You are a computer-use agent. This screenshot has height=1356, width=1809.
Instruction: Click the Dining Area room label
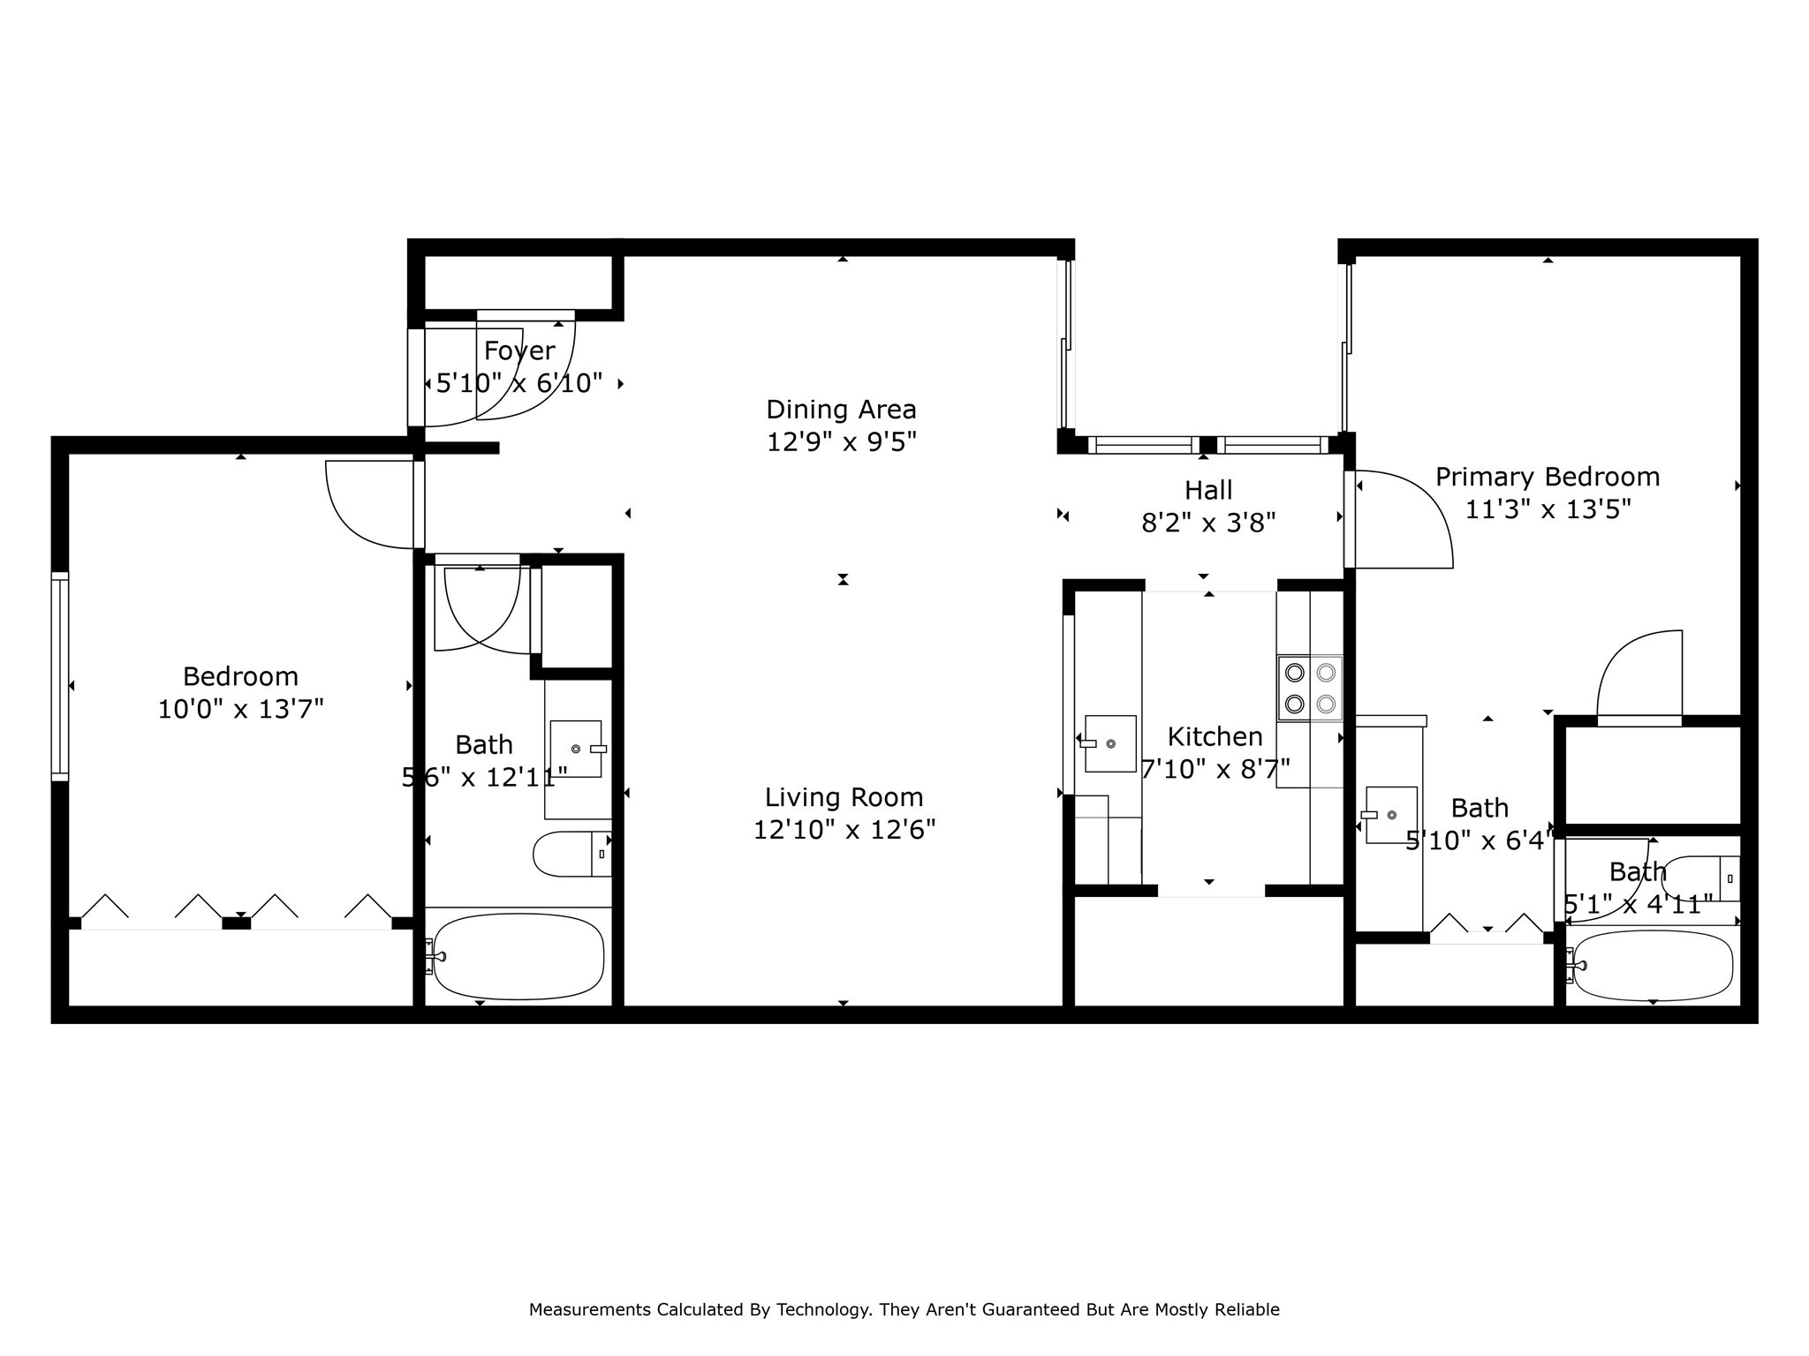coord(841,410)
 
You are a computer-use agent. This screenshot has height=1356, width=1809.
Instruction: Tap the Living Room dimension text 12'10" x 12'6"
coord(844,830)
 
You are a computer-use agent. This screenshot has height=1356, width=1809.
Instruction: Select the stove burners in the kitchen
coord(1310,689)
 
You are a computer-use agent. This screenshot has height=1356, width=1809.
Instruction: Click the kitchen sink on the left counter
coord(1109,743)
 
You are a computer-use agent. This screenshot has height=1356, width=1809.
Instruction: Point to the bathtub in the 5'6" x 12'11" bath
coord(518,956)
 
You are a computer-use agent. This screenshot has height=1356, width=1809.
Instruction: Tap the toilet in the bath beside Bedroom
coord(570,854)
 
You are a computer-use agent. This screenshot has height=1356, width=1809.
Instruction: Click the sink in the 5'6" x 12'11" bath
coord(576,749)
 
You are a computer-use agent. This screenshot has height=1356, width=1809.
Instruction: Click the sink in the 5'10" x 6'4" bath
coord(1391,815)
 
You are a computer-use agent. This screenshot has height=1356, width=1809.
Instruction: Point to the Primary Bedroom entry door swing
coord(1404,521)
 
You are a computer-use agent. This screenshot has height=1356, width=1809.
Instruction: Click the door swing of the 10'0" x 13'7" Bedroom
coord(367,508)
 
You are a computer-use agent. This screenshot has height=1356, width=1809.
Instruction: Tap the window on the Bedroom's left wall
coord(59,676)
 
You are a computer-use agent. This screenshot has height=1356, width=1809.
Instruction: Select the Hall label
coord(1207,490)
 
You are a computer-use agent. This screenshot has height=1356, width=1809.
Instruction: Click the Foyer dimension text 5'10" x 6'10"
coord(519,383)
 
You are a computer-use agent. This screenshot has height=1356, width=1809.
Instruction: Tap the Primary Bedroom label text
coord(1547,478)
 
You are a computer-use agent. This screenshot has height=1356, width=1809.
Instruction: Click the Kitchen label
coord(1215,736)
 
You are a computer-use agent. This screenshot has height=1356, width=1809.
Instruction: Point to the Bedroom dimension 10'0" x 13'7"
coord(240,709)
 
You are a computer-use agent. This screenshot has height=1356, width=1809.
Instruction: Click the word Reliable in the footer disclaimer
coord(1246,1310)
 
